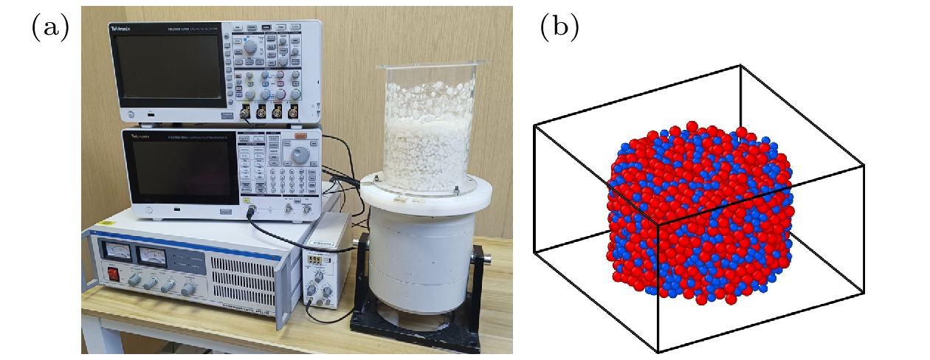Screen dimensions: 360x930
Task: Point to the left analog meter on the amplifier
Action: tap(119, 252)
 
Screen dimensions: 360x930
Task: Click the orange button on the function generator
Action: tap(300, 136)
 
